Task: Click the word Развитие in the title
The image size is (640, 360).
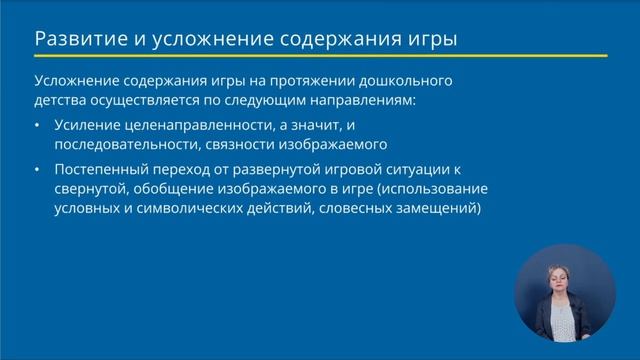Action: click(x=76, y=39)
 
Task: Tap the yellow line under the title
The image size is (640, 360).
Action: click(x=320, y=56)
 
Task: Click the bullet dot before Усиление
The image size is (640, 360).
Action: click(x=37, y=125)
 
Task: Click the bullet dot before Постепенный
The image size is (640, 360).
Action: click(x=37, y=169)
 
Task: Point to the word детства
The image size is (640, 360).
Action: click(x=61, y=101)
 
